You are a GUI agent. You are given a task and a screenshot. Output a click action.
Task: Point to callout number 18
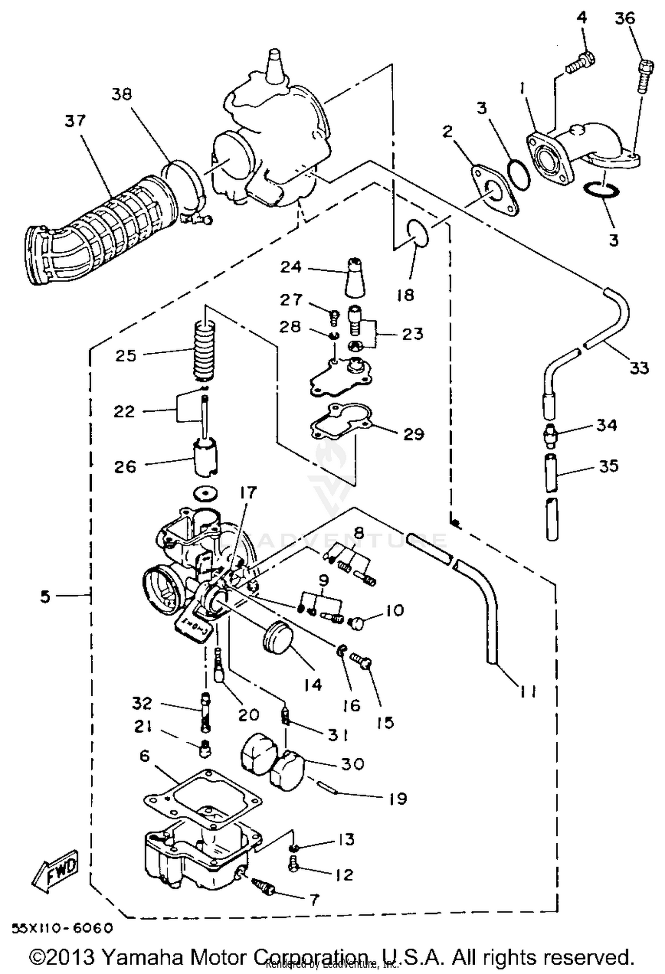pos(405,294)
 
